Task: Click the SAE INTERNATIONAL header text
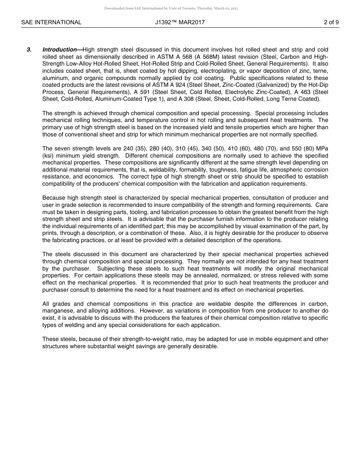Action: pyautogui.click(x=51, y=22)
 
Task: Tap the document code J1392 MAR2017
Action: pyautogui.click(x=180, y=22)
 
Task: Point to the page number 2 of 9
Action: pyautogui.click(x=331, y=22)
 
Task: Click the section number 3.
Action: pyautogui.click(x=29, y=50)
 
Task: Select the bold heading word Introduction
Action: pyautogui.click(x=59, y=50)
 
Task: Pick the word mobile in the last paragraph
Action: pyautogui.click(x=258, y=339)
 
